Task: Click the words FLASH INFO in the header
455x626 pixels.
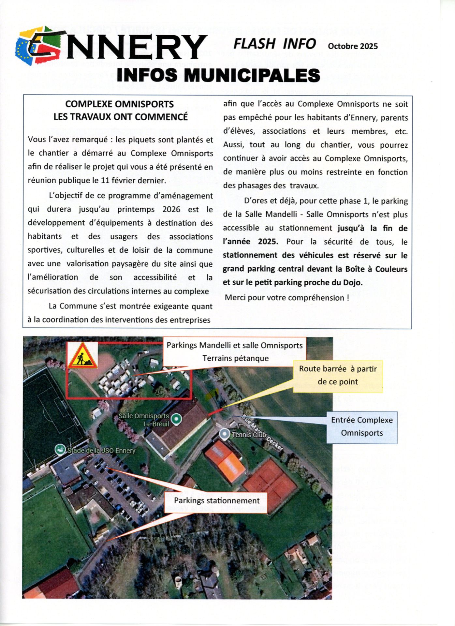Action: point(274,44)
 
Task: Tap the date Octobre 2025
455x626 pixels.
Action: point(353,46)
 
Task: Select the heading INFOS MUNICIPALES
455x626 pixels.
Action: point(218,75)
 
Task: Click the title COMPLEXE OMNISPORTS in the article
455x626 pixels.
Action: point(120,104)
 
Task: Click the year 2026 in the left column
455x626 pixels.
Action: point(171,209)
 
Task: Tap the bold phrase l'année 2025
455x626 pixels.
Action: point(250,242)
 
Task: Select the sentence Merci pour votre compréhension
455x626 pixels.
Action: point(287,298)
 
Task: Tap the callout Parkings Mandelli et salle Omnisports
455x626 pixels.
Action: point(234,351)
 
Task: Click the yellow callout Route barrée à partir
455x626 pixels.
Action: point(338,375)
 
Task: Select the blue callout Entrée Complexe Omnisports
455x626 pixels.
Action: point(362,426)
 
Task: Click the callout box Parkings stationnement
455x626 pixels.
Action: point(217,500)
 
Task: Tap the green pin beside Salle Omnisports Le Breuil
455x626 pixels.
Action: point(176,419)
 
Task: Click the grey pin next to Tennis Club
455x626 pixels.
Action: point(224,434)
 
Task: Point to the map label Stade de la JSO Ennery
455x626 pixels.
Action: point(101,451)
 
